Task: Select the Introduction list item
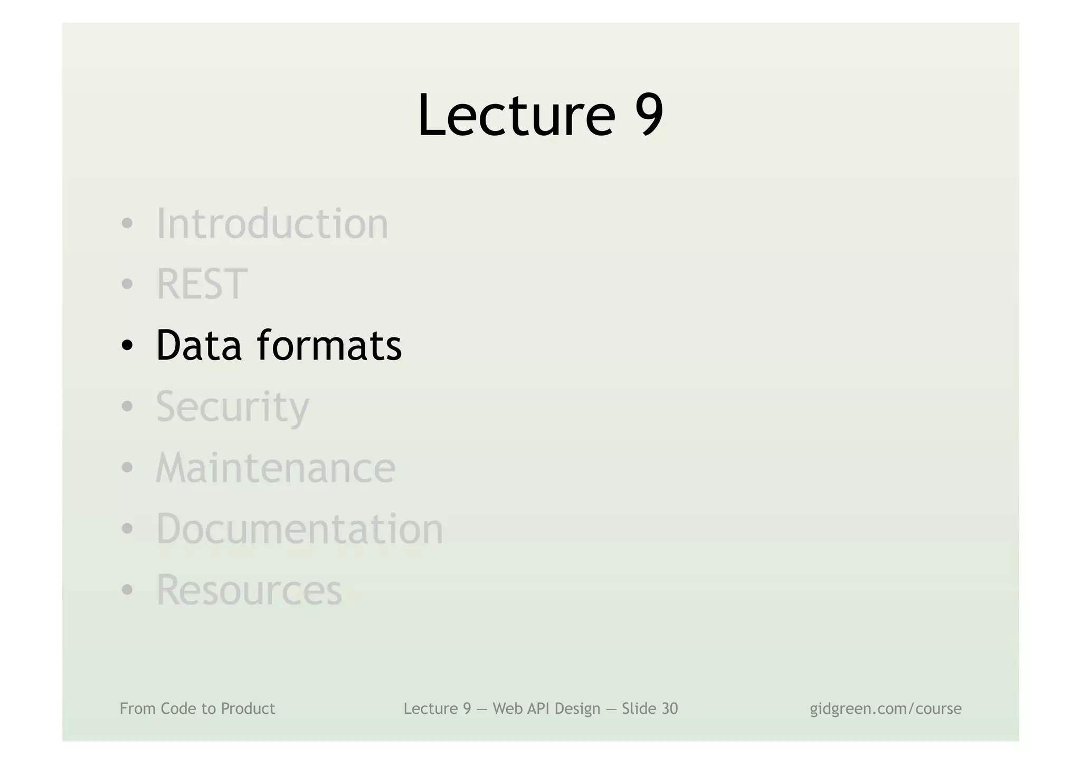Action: coord(272,224)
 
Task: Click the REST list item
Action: coord(202,285)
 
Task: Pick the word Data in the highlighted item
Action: coord(199,345)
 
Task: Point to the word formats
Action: coord(329,345)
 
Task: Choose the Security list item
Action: coord(232,407)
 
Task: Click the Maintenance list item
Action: coord(276,468)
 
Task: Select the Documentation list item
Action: coord(300,529)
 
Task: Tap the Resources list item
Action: coord(249,590)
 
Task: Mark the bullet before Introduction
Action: coord(127,224)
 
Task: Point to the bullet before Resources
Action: coord(127,590)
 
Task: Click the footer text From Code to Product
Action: coord(197,709)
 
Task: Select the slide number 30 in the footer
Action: coord(668,709)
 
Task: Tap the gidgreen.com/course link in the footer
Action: coord(885,709)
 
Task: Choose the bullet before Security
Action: coord(127,407)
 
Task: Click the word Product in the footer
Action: coord(248,709)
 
